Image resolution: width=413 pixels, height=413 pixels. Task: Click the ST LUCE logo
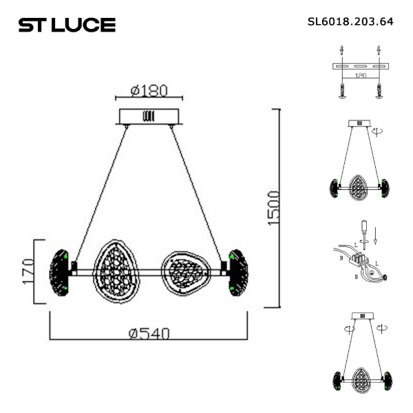tap(67, 25)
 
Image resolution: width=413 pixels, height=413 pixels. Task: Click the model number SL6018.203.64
tap(350, 21)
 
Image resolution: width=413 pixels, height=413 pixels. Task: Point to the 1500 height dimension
tap(273, 208)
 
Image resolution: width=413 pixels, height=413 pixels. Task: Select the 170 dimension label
tap(28, 271)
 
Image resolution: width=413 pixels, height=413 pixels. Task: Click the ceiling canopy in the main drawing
tap(149, 116)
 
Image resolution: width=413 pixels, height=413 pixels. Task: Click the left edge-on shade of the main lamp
tap(59, 273)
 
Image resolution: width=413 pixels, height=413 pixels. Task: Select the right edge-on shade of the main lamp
tap(238, 273)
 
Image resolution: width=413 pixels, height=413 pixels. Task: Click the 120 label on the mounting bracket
tap(361, 75)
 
